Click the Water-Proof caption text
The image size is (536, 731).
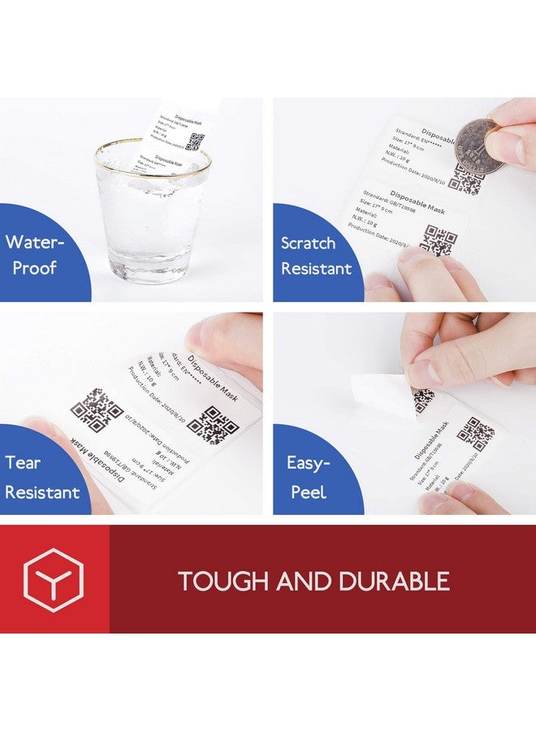coord(35,254)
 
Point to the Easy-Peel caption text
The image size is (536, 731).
coord(308,477)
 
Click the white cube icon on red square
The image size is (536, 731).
coord(54,580)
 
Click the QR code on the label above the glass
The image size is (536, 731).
coord(193,141)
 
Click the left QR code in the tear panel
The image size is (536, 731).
coord(95,410)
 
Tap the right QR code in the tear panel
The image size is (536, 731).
coord(214,425)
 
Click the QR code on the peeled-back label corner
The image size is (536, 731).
coord(423,400)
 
